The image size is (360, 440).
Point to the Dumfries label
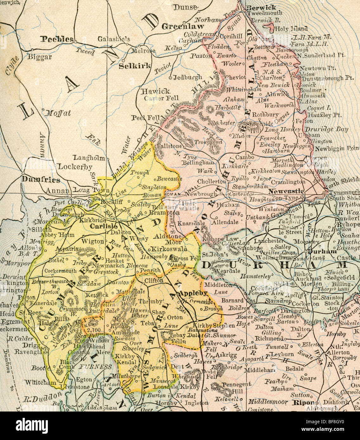pyautogui.click(x=41, y=180)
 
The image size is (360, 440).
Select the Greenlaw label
pyautogui.click(x=183, y=27)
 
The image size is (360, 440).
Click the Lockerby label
pyautogui.click(x=75, y=167)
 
